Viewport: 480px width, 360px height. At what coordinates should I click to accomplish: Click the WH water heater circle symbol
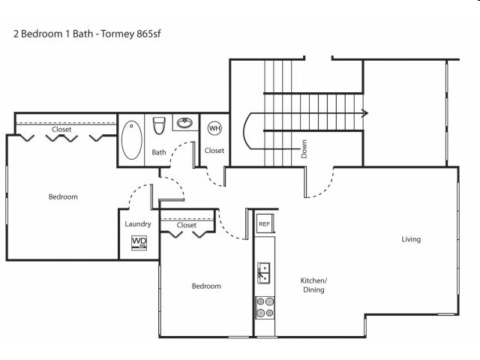tap(214, 127)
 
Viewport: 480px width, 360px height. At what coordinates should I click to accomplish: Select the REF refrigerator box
tap(264, 223)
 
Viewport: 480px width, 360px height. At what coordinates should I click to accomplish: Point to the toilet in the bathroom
tap(159, 125)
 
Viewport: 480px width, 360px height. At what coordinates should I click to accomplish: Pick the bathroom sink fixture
tap(184, 122)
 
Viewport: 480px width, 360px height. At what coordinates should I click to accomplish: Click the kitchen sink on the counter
tap(264, 272)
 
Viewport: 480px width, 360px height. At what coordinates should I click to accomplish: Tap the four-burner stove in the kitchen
tap(265, 307)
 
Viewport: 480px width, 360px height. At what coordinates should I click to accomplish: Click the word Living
tap(411, 239)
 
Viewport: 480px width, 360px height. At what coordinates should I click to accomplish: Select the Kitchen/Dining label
tap(313, 284)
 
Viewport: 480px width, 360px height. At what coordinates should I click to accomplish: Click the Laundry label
tap(138, 223)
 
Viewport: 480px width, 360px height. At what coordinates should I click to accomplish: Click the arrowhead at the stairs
tap(364, 113)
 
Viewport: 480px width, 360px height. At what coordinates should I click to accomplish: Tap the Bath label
tap(159, 152)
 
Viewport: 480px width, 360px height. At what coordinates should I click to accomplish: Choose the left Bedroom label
tap(63, 196)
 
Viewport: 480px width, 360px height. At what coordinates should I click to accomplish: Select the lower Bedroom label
tap(206, 286)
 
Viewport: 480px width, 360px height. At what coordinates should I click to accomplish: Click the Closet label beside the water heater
tap(214, 150)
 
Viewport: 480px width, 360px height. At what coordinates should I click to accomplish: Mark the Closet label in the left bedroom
tap(61, 129)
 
